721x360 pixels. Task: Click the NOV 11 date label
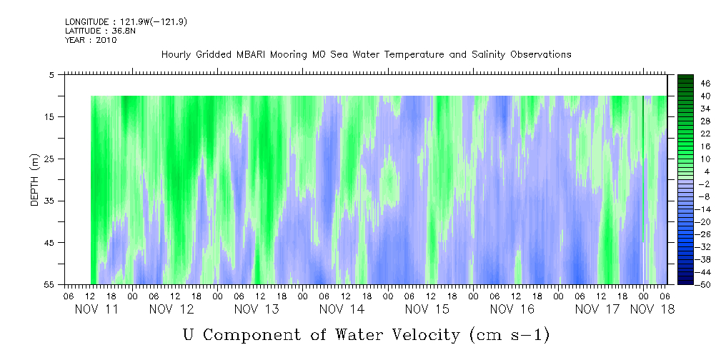97,309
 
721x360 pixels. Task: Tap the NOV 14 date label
342,309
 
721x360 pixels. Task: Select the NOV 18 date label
651,309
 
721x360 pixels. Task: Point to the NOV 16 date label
512,309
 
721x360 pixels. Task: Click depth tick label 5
51,74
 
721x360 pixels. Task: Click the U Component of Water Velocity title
366,334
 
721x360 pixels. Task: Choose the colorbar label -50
704,285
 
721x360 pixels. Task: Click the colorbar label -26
704,234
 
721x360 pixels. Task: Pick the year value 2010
106,41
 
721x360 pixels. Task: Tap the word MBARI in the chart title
272,55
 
